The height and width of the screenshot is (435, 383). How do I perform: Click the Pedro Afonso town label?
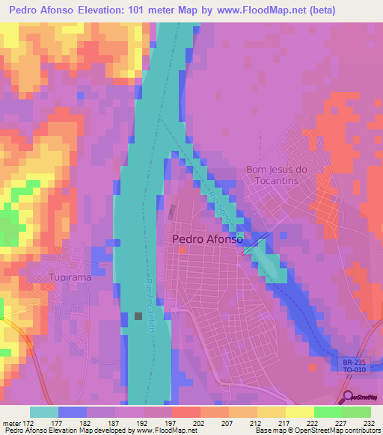pyautogui.click(x=207, y=239)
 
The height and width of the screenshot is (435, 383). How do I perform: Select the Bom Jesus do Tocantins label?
pyautogui.click(x=277, y=175)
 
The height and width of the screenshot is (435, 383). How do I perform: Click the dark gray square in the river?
pyautogui.click(x=138, y=316)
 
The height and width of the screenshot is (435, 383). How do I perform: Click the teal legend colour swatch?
pyautogui.click(x=43, y=412)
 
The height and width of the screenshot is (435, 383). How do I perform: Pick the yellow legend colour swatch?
pyautogui.click(x=299, y=412)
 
